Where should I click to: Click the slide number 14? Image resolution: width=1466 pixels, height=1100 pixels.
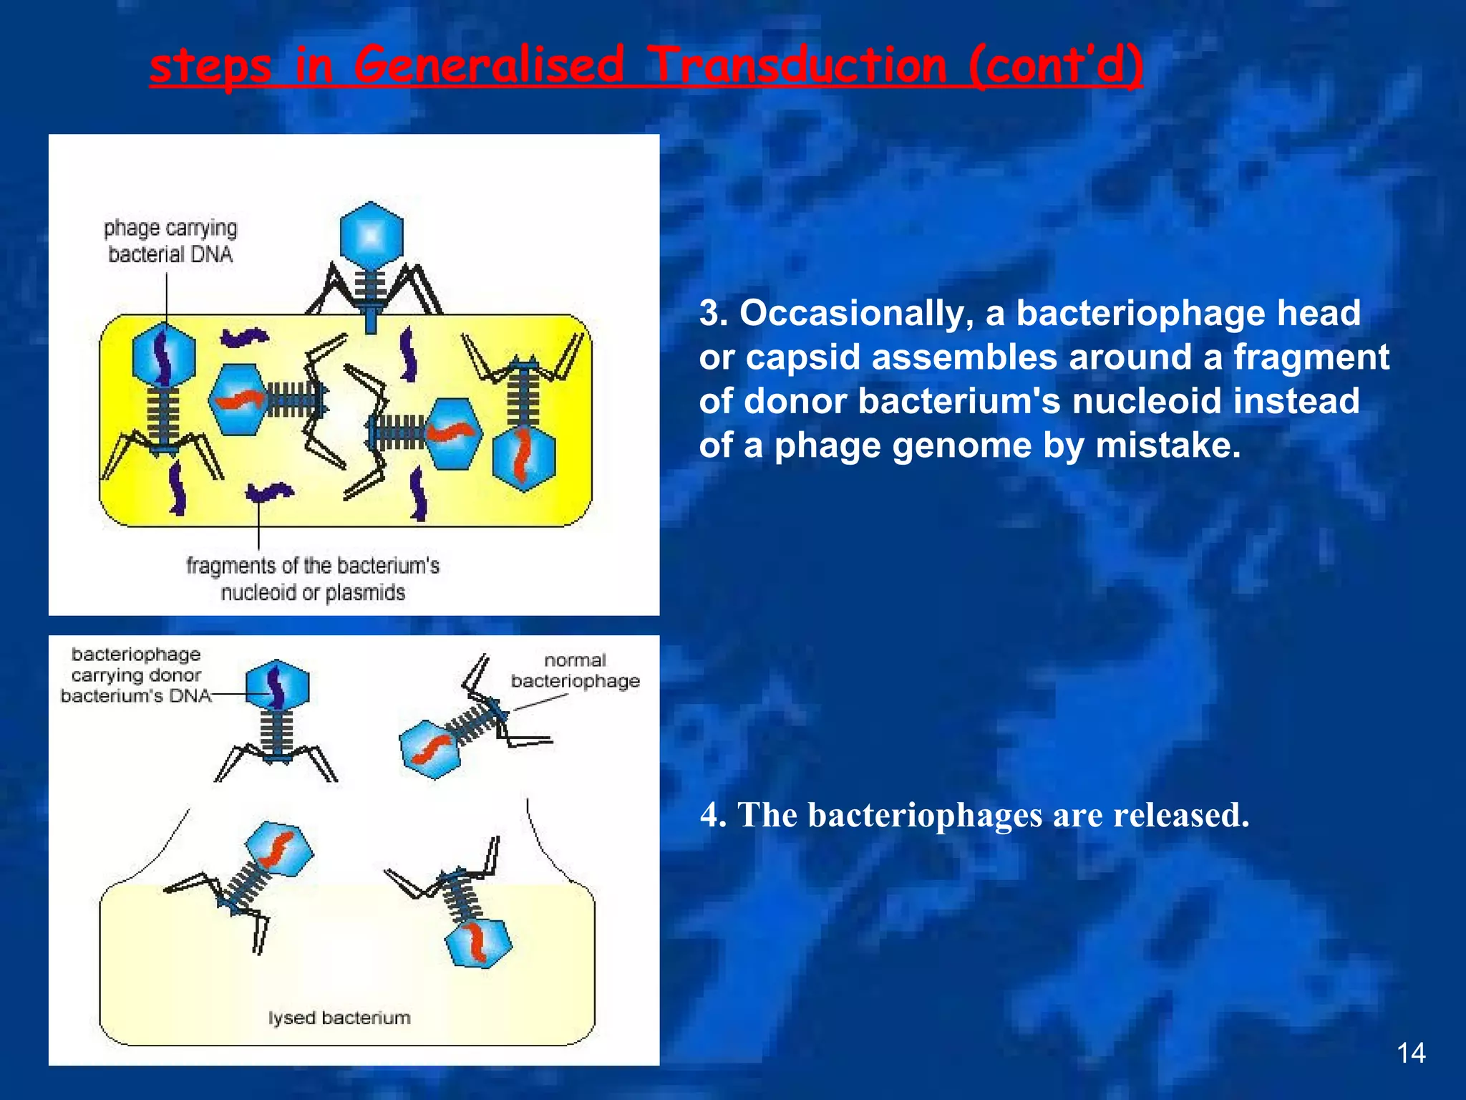pos(1411,1053)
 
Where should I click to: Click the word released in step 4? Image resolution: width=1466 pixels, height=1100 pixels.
pos(1180,815)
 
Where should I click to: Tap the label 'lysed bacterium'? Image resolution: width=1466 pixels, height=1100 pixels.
pos(339,1018)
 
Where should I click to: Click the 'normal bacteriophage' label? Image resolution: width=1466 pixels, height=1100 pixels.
pos(575,670)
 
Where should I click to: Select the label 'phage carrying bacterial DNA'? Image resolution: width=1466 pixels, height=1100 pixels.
pos(170,241)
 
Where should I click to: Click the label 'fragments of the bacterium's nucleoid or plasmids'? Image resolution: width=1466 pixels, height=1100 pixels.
pos(313,579)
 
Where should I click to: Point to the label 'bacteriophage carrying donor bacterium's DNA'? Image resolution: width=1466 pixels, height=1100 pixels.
pos(136,675)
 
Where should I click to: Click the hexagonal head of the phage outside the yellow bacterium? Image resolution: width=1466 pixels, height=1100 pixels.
pos(371,235)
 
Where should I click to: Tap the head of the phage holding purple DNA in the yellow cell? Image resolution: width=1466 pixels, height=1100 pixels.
pos(164,356)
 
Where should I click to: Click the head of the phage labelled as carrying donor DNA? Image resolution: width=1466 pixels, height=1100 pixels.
pos(277,685)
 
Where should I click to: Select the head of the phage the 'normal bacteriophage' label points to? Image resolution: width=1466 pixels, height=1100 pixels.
pos(430,748)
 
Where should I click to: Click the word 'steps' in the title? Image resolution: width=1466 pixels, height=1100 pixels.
pos(210,66)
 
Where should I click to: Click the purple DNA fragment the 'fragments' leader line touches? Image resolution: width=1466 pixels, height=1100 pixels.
pos(268,492)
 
